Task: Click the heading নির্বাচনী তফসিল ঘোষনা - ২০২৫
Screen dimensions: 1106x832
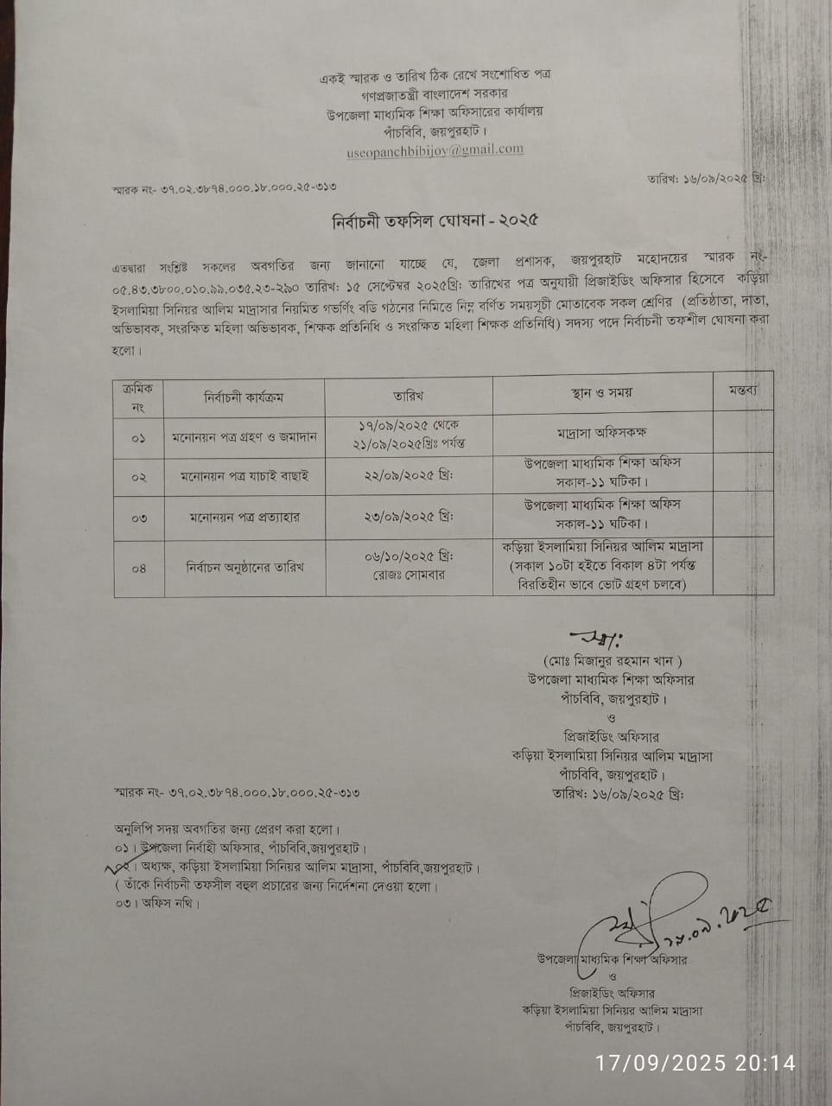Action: pos(435,220)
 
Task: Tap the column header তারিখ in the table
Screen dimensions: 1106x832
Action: pos(408,396)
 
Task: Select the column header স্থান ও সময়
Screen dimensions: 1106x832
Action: pos(602,393)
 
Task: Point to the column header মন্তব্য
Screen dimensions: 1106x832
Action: pos(741,391)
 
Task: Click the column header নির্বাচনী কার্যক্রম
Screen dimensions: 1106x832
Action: pos(244,397)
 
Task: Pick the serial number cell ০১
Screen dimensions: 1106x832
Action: pos(138,439)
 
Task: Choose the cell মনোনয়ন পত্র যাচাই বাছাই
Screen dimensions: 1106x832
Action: pos(245,476)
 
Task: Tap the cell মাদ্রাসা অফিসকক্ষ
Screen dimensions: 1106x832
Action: pos(602,432)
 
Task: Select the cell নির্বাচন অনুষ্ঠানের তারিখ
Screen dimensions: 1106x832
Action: pos(245,568)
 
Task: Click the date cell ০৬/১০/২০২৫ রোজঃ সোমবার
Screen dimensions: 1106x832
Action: pos(409,565)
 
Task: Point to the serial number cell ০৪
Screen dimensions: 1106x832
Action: pos(138,569)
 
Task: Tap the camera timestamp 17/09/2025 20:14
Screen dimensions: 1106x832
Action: pos(695,1063)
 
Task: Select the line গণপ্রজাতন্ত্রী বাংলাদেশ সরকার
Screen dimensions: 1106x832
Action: pos(435,92)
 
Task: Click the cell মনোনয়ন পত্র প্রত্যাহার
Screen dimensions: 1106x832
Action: pos(245,518)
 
